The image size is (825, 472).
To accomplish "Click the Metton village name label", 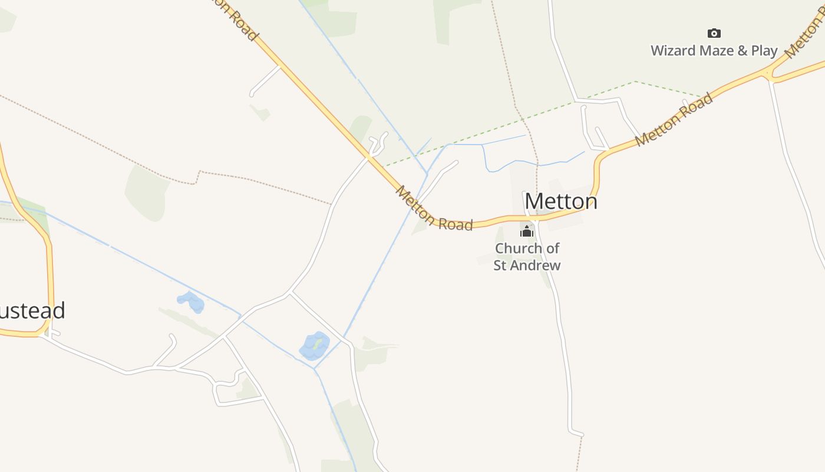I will click(x=561, y=201).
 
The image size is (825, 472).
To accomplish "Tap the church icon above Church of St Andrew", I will click(x=527, y=231).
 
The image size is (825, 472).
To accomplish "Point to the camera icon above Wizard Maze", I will click(x=714, y=33).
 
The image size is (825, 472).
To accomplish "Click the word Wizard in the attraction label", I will click(x=673, y=51).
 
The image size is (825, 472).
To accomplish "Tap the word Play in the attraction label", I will click(x=764, y=51).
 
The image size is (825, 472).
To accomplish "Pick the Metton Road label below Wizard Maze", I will click(x=675, y=120).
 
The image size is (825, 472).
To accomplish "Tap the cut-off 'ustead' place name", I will click(x=32, y=311).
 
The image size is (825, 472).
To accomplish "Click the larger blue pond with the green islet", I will click(x=315, y=346).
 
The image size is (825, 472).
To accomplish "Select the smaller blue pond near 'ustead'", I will click(x=191, y=302).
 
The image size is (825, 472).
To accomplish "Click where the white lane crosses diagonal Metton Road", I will click(x=369, y=157).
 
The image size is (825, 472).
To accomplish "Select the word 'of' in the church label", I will click(x=552, y=248).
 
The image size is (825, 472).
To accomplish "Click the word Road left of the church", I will click(x=456, y=224).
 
